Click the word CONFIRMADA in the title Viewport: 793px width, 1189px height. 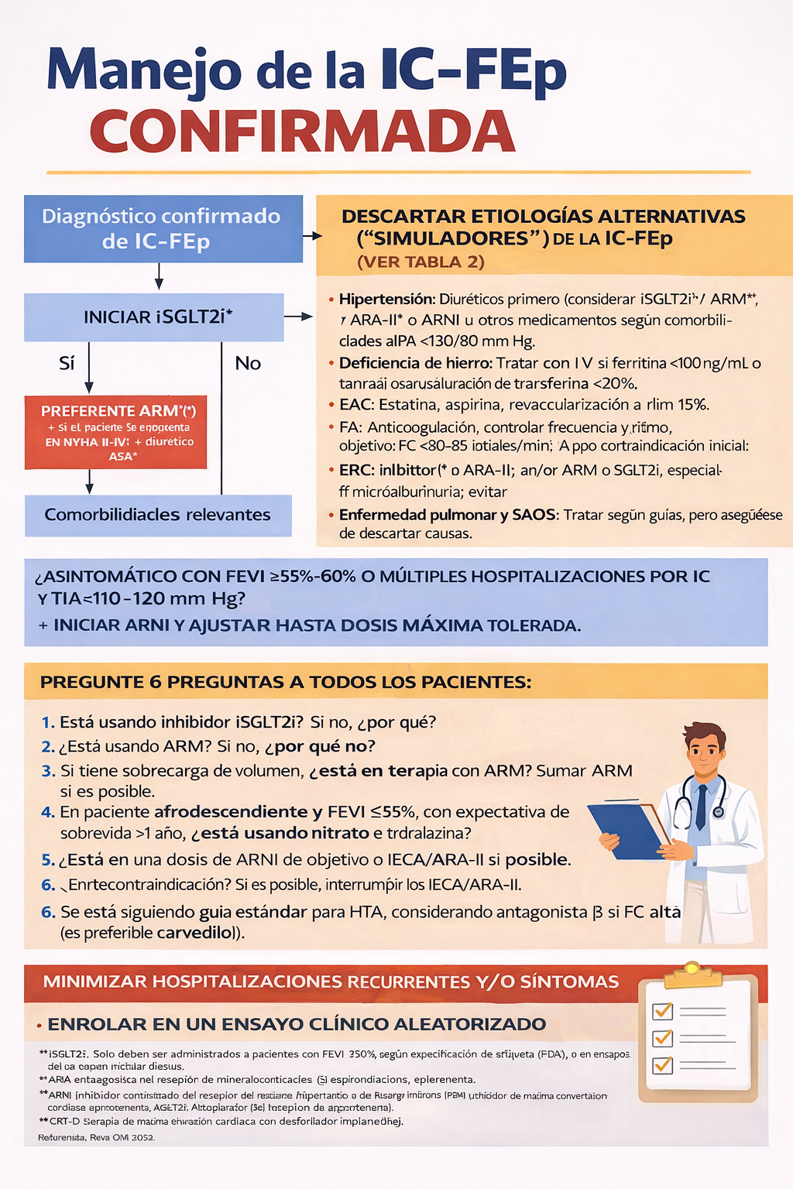(x=302, y=132)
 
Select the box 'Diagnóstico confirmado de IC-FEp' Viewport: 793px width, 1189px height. (x=163, y=228)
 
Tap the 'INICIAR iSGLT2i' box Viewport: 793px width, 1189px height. (x=154, y=317)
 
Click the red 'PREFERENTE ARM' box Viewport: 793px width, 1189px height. (x=116, y=432)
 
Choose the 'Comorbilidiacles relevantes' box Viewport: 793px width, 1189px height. (x=158, y=515)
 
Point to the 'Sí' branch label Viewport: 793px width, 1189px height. (x=67, y=363)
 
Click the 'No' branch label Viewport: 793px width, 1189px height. (x=248, y=363)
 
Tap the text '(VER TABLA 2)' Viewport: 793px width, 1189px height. (x=421, y=262)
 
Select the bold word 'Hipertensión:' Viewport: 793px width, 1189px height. (x=387, y=299)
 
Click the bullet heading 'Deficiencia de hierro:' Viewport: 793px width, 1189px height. (x=415, y=363)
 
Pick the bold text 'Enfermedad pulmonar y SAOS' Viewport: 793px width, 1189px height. (x=448, y=515)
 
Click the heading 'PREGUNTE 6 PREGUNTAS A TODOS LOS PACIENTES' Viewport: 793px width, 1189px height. (x=286, y=682)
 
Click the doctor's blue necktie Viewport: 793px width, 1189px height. (x=702, y=805)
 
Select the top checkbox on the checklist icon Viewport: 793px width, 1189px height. (x=663, y=1011)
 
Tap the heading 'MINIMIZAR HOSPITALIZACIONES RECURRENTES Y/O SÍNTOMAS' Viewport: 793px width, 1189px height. (x=331, y=982)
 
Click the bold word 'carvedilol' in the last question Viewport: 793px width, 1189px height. (x=195, y=933)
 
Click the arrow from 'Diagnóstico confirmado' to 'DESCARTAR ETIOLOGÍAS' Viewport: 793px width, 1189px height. (x=312, y=236)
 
